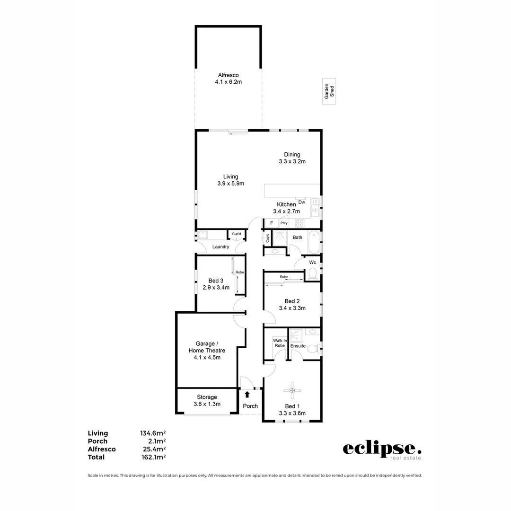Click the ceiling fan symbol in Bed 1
[292, 390]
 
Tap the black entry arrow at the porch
[247, 394]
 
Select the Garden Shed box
[329, 91]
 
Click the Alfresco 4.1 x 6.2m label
[228, 79]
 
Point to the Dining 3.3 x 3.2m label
[292, 158]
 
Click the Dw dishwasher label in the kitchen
[302, 202]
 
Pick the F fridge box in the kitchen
[272, 223]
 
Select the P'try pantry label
[284, 223]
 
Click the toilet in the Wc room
[312, 273]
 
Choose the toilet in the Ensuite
[312, 349]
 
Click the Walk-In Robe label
[279, 343]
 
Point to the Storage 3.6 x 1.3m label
[207, 400]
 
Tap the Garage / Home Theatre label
[207, 350]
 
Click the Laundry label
[220, 247]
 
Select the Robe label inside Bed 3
[239, 273]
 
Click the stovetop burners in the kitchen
[300, 223]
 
